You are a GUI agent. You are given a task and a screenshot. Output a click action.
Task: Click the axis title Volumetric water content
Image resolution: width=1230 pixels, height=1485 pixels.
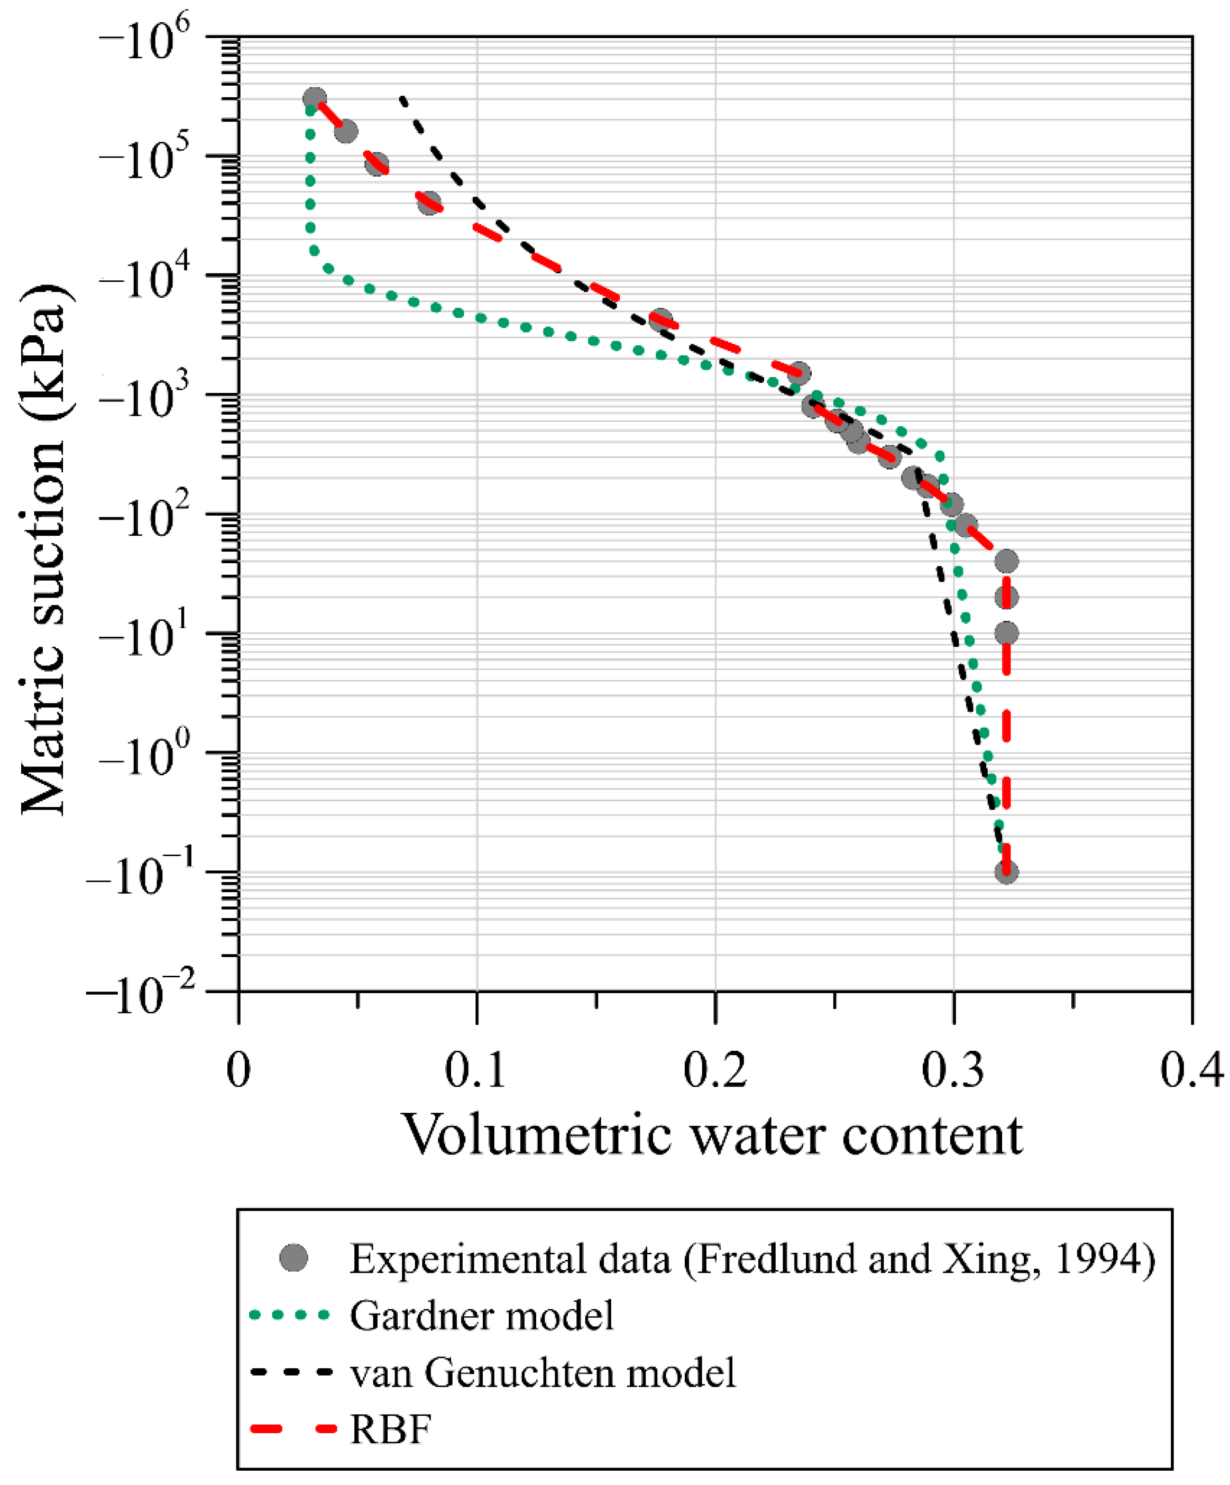coord(712,1135)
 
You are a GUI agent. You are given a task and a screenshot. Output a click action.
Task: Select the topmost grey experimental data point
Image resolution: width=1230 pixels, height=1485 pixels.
coord(315,99)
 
